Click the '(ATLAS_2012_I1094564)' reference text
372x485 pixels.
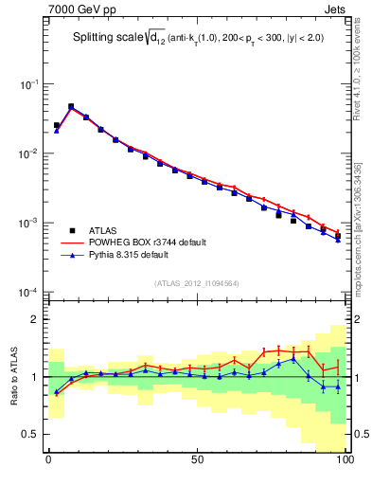[x=196, y=282]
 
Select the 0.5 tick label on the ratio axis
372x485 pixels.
[x=29, y=435]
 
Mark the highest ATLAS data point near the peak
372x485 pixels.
[x=71, y=107]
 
